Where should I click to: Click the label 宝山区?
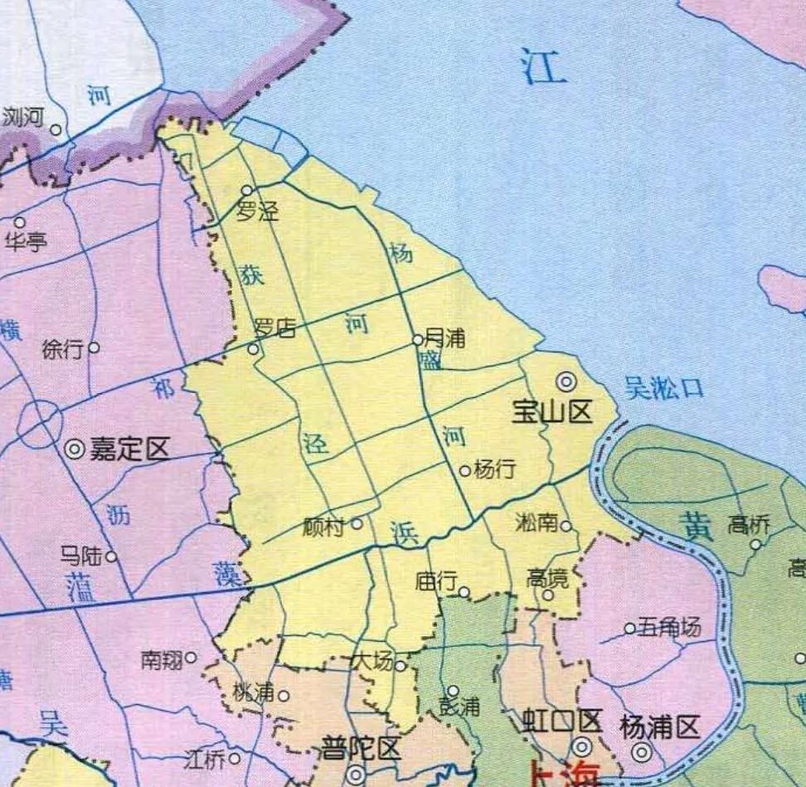(x=552, y=410)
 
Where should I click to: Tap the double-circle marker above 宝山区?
(x=566, y=381)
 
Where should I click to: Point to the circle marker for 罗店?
(x=253, y=349)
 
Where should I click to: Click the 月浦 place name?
(x=444, y=338)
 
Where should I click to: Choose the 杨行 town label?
(x=494, y=469)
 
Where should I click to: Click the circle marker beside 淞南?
(x=566, y=525)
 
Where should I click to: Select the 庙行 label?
(x=435, y=582)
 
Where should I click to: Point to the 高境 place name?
(x=547, y=577)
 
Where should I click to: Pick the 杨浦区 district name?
(x=660, y=727)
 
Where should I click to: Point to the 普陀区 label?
(x=362, y=749)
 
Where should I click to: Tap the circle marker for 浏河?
(x=56, y=129)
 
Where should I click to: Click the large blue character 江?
(x=544, y=66)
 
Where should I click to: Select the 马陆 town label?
(x=82, y=555)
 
